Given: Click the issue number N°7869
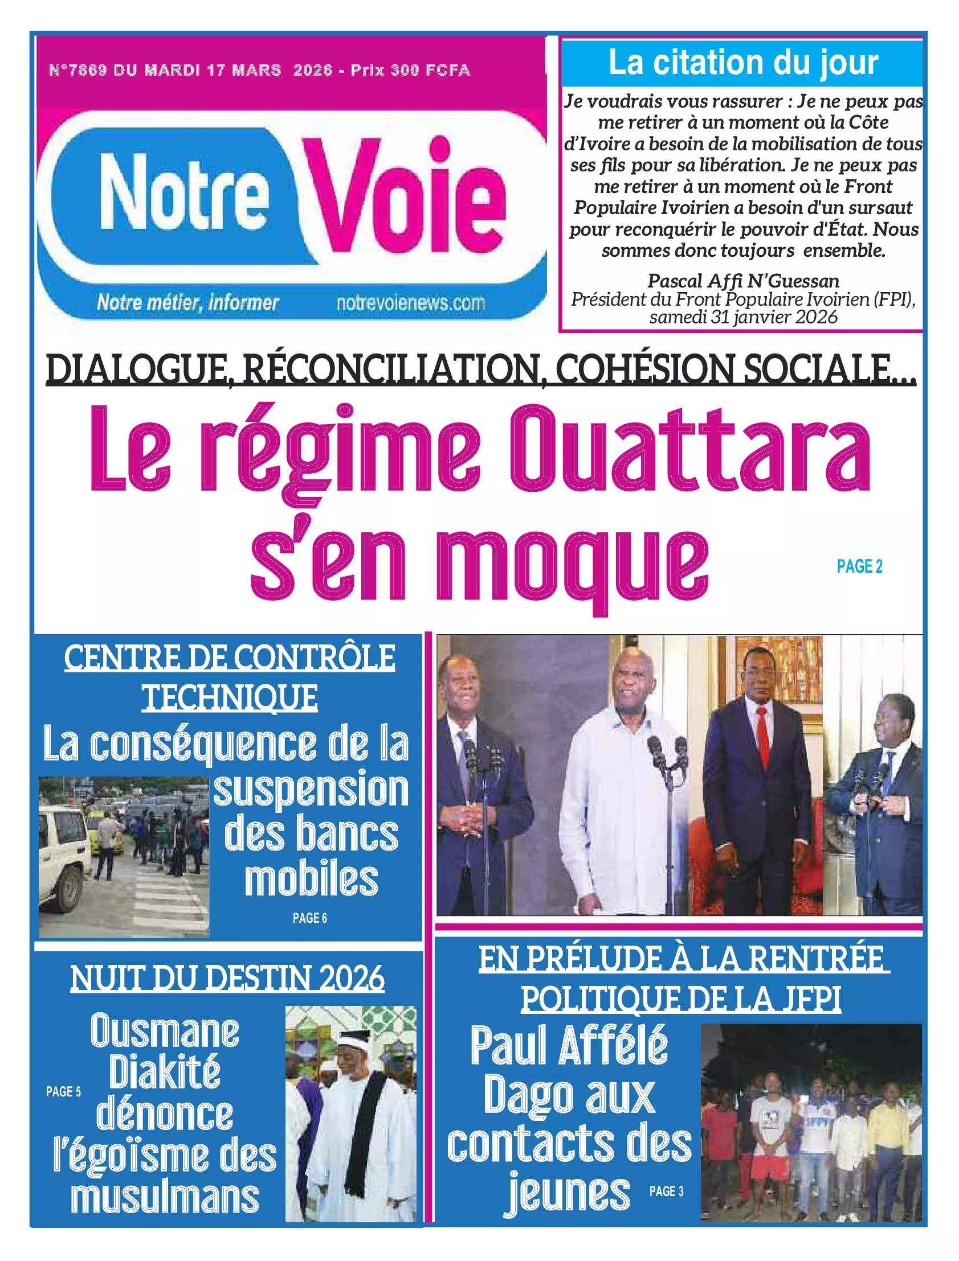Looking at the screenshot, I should pos(77,70).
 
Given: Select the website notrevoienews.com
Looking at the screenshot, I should pos(410,303).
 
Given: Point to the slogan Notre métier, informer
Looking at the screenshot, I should pos(188,303).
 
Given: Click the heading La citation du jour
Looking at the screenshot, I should pos(742,63).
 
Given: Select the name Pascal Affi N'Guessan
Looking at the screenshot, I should pos(743,281).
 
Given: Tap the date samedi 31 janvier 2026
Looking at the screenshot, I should pos(743,317).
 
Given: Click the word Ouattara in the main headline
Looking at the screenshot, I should pos(689,450).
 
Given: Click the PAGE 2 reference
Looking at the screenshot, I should pos(859,566).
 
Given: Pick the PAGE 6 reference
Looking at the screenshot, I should pos(309,918).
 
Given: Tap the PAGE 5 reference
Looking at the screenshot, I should pos(63,1091).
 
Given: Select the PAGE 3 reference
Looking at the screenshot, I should pos(666,1192).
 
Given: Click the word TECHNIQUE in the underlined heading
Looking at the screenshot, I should pos(230,697).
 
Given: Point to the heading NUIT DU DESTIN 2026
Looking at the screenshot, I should pos(227,978).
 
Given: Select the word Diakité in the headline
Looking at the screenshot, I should pos(165,1071).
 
